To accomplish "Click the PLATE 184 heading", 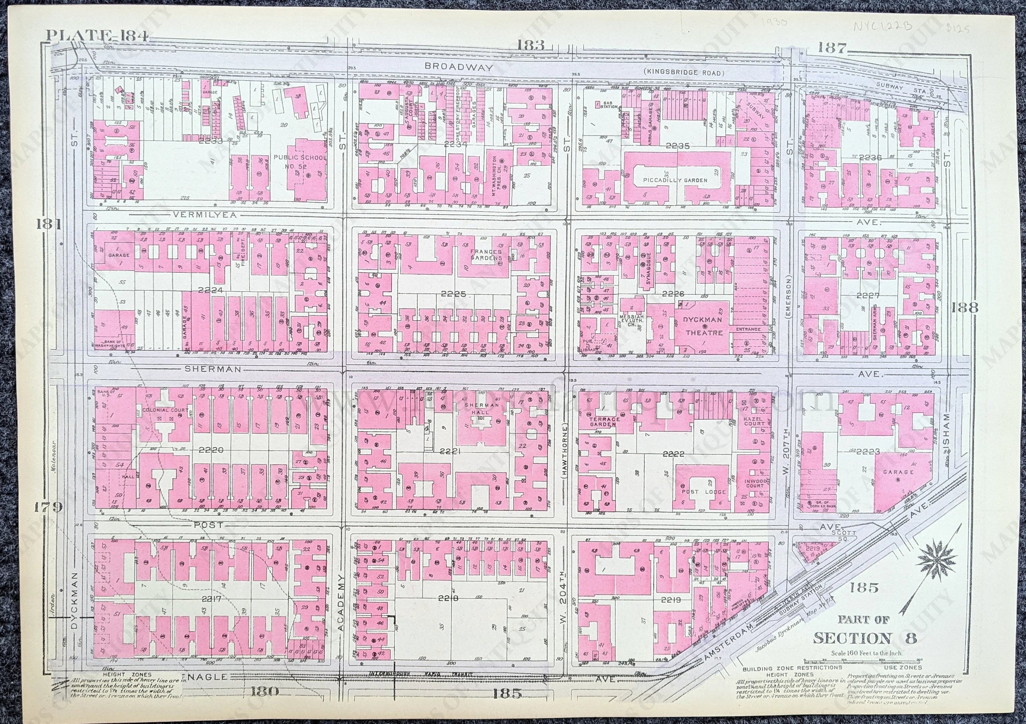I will [x=97, y=36].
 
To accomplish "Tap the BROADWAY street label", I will [x=459, y=67].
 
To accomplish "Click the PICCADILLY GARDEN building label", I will [x=675, y=180].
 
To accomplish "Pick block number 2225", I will [x=453, y=294].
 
